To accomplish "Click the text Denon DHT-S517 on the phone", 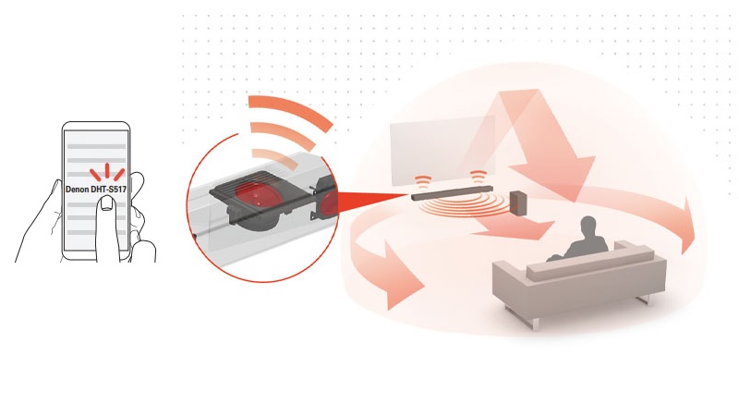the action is pos(96,190).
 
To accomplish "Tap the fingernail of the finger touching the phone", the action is pos(107,203).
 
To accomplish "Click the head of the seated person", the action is pos(588,226).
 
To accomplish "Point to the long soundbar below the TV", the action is pos(452,193).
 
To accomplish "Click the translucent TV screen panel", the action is pos(442,150).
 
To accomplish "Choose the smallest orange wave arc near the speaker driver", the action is pos(275,158).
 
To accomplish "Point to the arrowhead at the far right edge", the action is pos(688,226).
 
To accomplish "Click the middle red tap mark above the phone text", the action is pos(107,171).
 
